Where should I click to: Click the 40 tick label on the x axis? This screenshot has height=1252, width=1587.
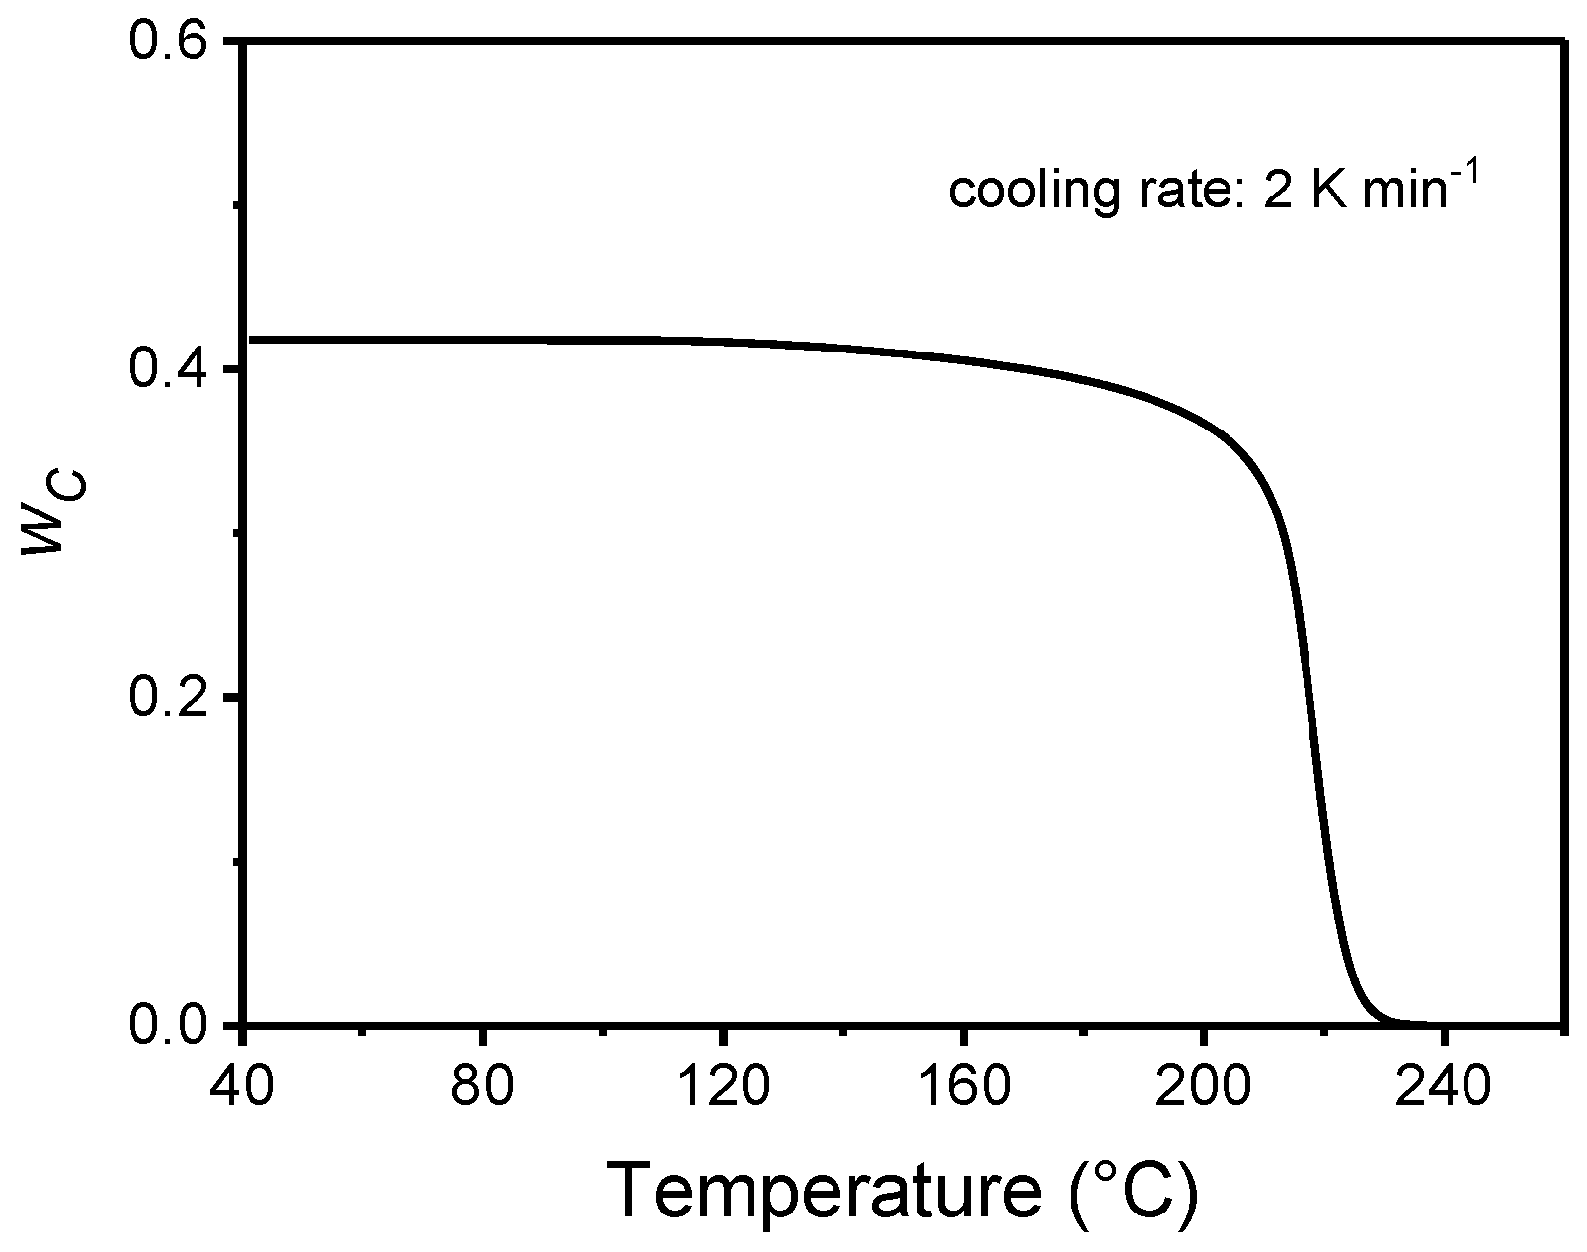(x=242, y=1086)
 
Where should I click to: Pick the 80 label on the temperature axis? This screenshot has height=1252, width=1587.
(x=483, y=1086)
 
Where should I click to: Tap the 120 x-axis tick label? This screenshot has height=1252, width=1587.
(x=723, y=1086)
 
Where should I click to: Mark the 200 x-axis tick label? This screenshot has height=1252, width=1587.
(x=1203, y=1086)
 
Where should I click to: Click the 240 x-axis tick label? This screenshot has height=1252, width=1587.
(x=1443, y=1086)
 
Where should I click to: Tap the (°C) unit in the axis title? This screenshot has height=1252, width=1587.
(x=1134, y=1193)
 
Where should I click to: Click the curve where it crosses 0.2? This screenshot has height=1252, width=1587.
(x=1311, y=698)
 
